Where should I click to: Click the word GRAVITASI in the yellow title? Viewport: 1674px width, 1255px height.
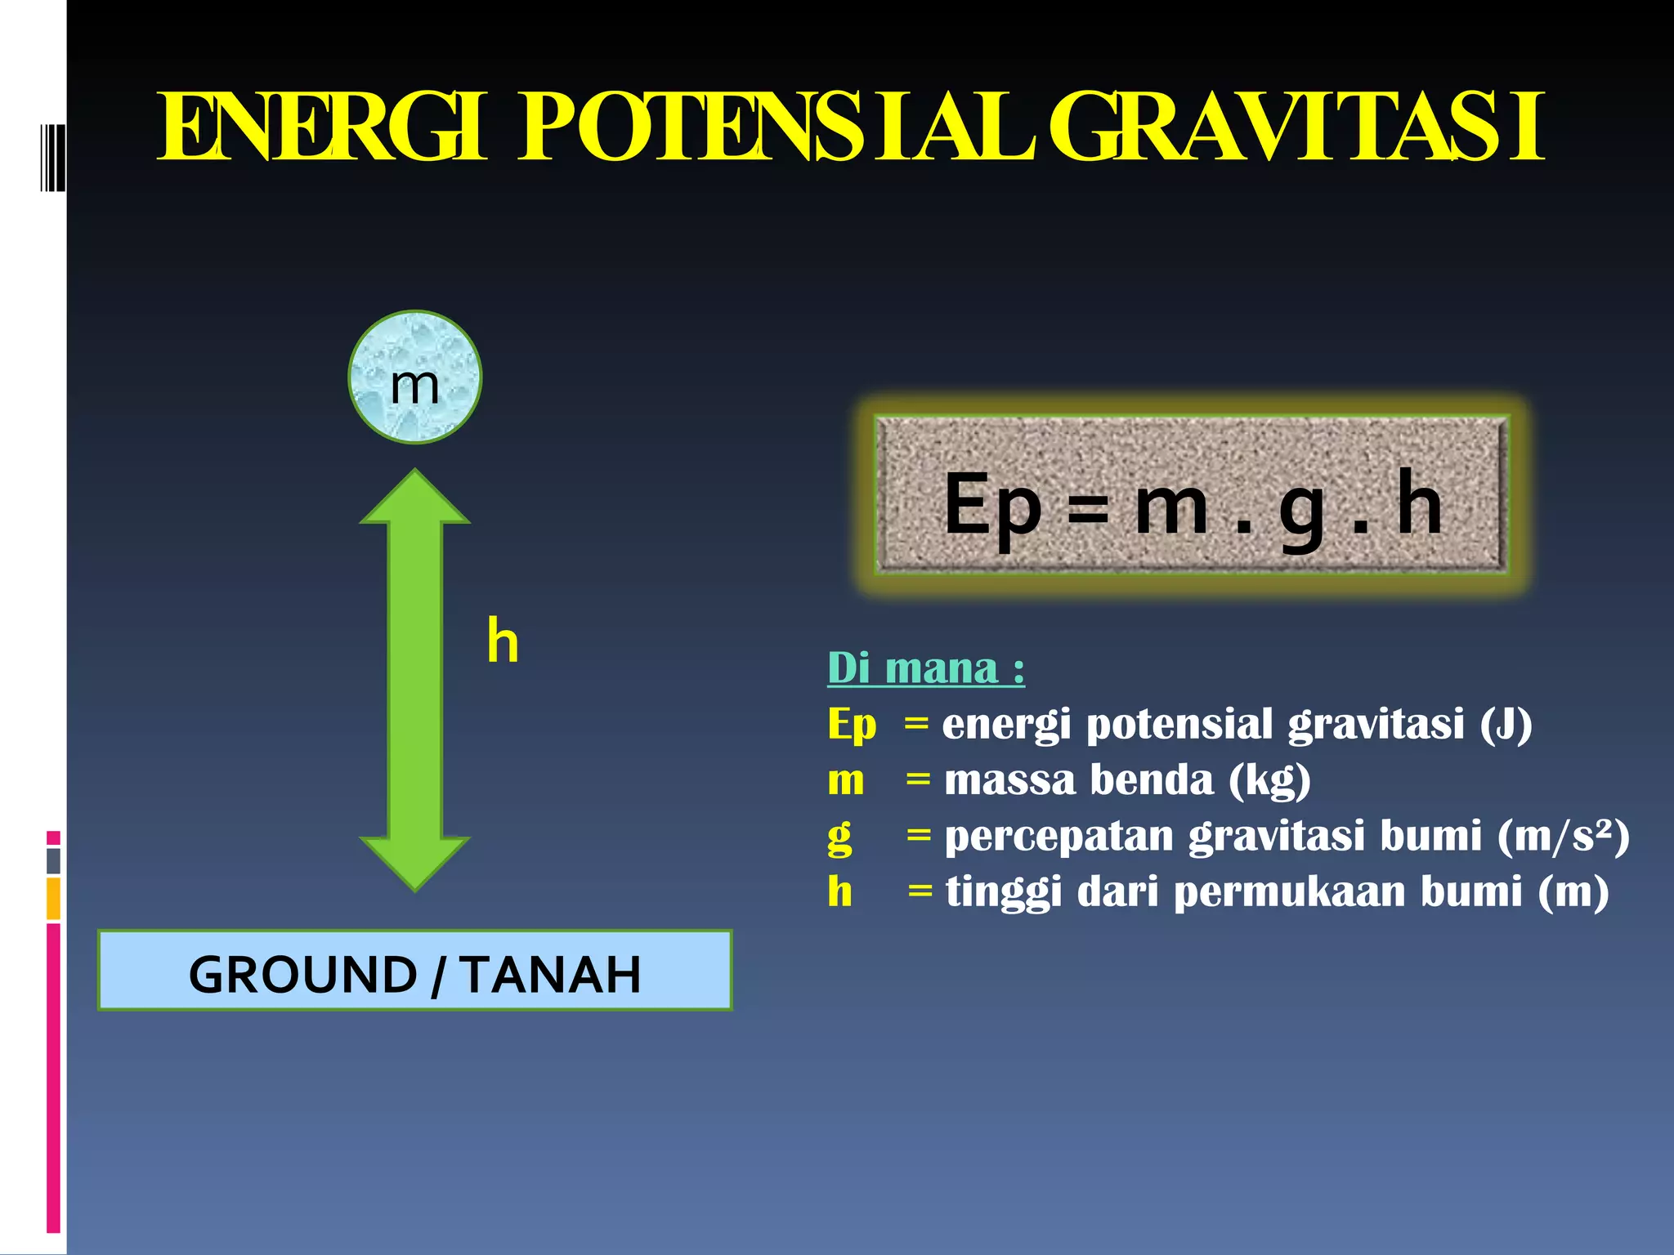coord(1296,128)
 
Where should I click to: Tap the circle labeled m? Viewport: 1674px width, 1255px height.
coord(414,377)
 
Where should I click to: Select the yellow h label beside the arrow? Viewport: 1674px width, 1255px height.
coord(503,641)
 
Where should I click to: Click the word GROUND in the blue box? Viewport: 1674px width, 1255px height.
coord(302,974)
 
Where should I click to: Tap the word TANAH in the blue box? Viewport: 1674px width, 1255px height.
coord(550,974)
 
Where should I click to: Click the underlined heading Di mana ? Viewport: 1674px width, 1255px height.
coord(925,668)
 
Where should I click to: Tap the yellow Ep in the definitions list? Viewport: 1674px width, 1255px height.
coord(851,726)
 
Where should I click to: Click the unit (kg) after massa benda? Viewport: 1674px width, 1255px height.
coord(1269,780)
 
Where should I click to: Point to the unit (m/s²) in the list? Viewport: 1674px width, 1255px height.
coord(1563,836)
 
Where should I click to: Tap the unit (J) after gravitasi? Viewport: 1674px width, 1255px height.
coord(1506,724)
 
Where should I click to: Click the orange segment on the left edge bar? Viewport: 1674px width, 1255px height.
coord(53,899)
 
